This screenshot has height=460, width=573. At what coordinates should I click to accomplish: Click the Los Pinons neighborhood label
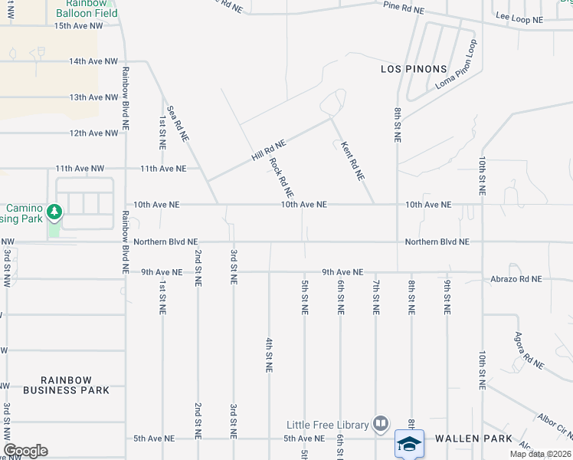(x=412, y=69)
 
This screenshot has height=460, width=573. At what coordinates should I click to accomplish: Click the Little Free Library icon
(x=381, y=423)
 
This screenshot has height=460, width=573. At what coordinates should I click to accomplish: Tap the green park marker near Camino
(x=54, y=211)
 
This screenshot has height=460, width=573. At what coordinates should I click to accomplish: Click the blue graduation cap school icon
(x=409, y=443)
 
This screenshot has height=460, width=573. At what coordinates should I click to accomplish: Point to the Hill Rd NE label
(x=268, y=149)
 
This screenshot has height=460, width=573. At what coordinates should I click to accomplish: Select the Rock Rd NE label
(x=282, y=176)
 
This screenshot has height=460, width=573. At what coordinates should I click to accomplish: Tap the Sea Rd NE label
(x=178, y=123)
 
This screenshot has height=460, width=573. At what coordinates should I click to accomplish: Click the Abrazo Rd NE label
(x=516, y=279)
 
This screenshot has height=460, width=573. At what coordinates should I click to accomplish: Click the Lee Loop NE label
(x=519, y=17)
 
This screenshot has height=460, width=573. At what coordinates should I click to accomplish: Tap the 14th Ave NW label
(x=93, y=61)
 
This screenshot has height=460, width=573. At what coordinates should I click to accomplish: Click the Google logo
(x=26, y=451)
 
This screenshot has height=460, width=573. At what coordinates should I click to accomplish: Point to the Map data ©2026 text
(x=541, y=454)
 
